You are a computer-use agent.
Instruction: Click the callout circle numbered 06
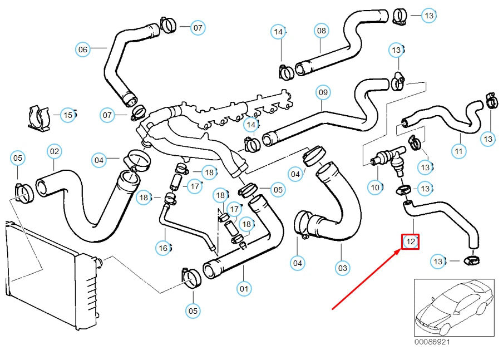(83, 50)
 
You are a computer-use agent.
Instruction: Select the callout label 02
(54, 151)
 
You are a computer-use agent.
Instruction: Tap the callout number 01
(244, 288)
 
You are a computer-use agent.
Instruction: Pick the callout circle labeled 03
(343, 268)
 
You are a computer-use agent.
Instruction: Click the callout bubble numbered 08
(322, 31)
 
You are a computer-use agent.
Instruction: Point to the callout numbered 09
(323, 92)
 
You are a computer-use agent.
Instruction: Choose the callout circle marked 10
(375, 188)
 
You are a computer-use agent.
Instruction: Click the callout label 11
(458, 151)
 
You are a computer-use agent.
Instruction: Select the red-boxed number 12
(411, 241)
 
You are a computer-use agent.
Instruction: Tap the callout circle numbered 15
(68, 115)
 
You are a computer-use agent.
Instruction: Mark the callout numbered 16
(163, 248)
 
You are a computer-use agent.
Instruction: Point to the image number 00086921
(432, 341)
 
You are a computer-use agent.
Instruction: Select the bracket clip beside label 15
(39, 116)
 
